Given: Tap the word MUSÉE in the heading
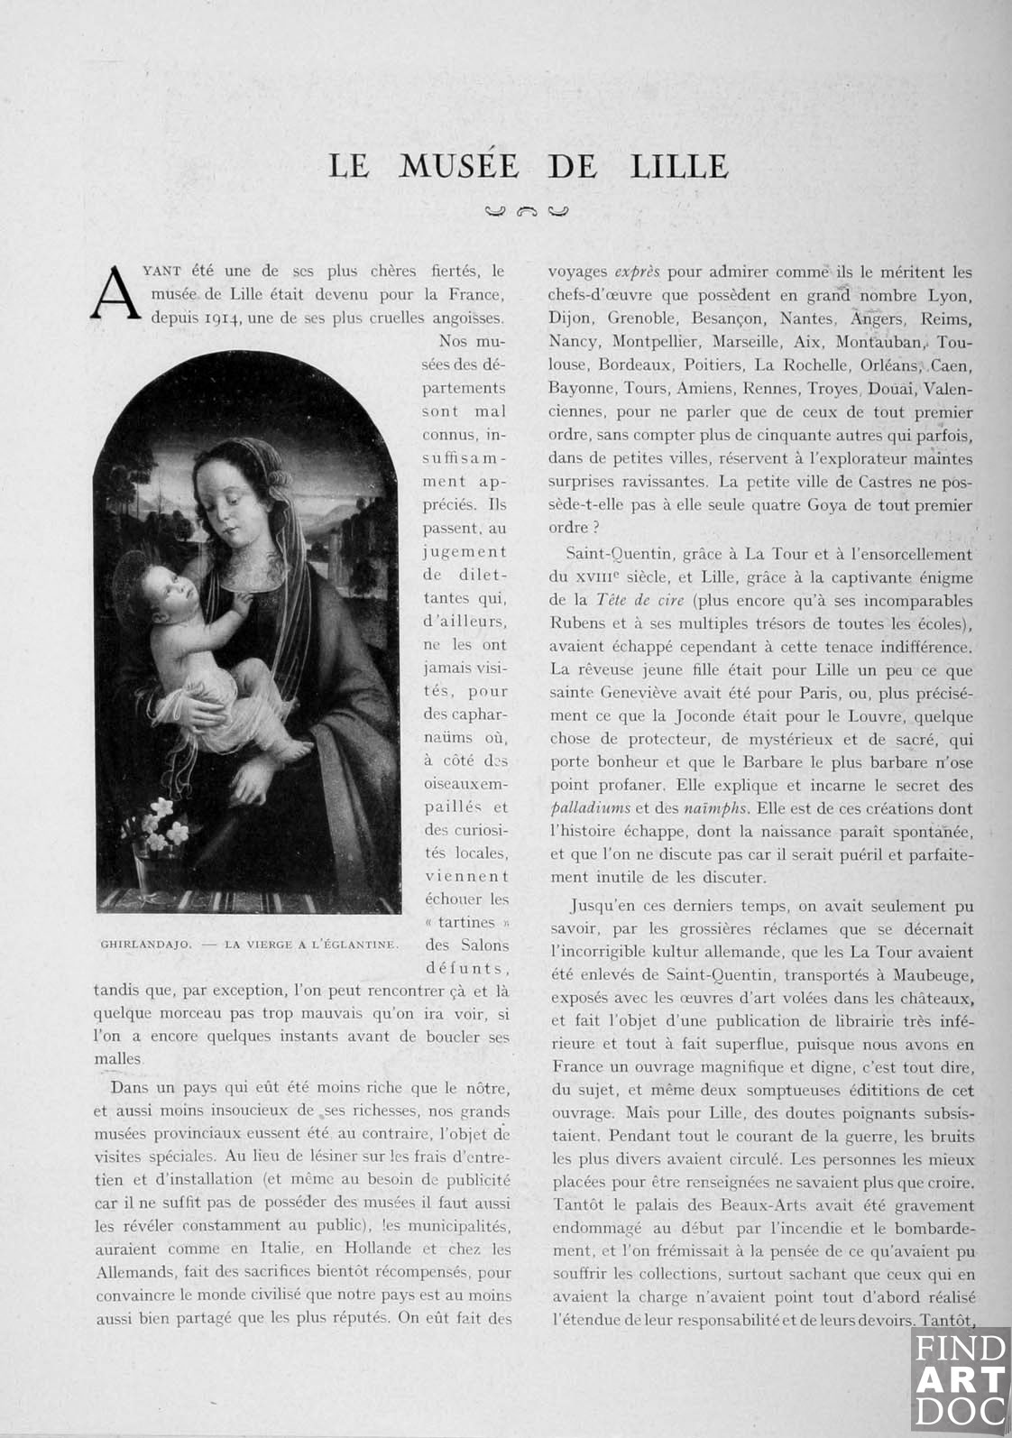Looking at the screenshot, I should tap(459, 166).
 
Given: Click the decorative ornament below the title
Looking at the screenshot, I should tap(528, 213).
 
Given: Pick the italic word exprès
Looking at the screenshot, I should tap(637, 272).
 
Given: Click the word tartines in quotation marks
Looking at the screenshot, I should tap(466, 922).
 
